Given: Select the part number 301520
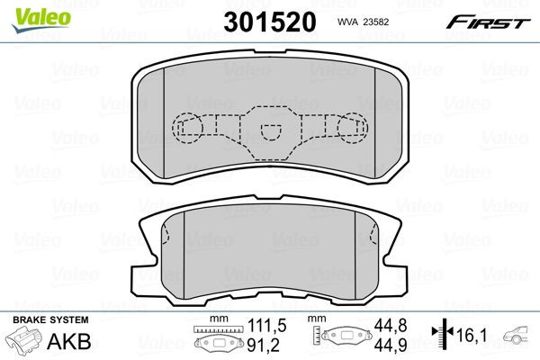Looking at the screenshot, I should point(269,22).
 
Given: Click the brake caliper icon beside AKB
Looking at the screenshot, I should point(24,342).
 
